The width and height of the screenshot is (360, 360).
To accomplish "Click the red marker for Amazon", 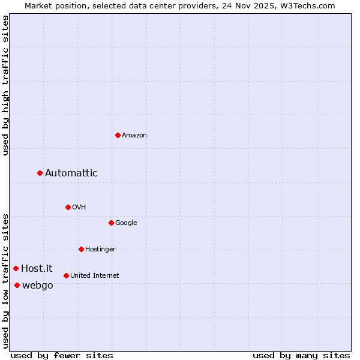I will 118,135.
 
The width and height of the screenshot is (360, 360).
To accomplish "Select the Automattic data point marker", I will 40,173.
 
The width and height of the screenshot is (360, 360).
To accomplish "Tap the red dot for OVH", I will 68,207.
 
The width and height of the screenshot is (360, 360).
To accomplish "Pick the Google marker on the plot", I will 111,223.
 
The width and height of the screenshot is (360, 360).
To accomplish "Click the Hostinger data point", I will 81,249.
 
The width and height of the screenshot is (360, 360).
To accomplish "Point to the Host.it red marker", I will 16,268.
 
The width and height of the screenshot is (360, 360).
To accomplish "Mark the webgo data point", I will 17,285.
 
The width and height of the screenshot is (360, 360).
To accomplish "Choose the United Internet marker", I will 66,275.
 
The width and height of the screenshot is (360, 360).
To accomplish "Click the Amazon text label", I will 134,136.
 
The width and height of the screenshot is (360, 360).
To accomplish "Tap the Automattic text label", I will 71,173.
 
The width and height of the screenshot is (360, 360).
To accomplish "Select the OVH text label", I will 79,208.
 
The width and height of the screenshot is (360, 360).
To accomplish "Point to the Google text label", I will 126,223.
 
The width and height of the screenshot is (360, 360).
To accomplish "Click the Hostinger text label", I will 100,250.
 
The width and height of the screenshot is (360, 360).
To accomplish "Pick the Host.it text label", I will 37,269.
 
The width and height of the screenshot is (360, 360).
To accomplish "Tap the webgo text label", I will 38,286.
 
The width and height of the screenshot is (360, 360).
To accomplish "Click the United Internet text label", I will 95,276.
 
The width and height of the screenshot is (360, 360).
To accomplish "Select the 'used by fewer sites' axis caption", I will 62,355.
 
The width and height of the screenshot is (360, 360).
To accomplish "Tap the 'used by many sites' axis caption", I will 301,355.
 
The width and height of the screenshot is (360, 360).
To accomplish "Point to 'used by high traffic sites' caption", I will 5,85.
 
